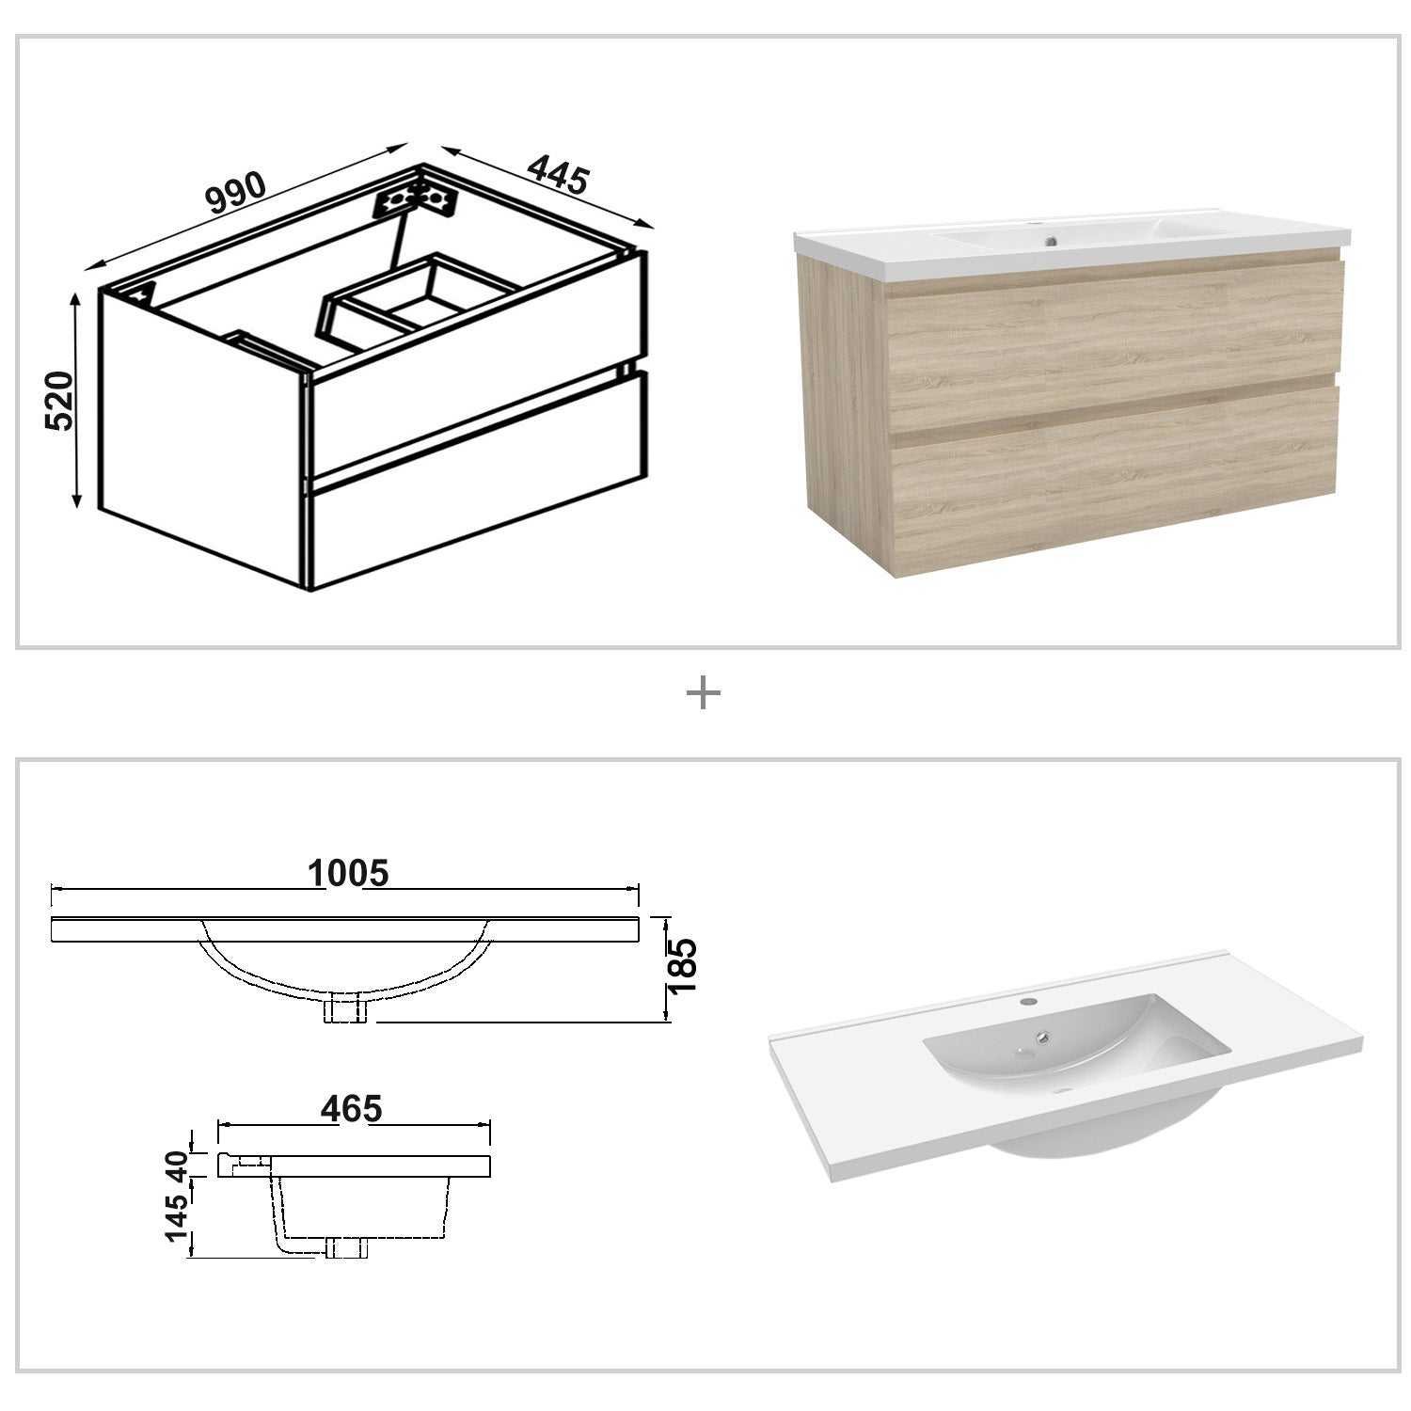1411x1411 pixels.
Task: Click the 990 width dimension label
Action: [x=236, y=192]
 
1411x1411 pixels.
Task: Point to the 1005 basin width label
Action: [x=348, y=874]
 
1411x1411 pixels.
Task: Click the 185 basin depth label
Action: [x=680, y=965]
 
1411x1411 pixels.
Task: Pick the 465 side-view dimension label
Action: [x=351, y=1109]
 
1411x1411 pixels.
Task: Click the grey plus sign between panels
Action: [x=704, y=694]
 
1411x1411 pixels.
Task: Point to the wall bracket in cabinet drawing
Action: [x=416, y=199]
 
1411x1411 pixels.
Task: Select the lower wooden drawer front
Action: [x=1113, y=495]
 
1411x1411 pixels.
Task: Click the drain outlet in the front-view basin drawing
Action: [x=346, y=1008]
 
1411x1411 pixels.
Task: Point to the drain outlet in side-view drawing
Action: [x=345, y=1247]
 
